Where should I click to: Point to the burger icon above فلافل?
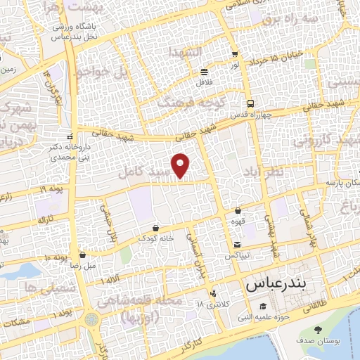204,72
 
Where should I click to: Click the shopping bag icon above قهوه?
238,210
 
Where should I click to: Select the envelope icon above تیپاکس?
237,245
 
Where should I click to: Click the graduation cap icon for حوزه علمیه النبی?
262,306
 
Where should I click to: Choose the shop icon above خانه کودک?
156,228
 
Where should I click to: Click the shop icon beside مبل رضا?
84,255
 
